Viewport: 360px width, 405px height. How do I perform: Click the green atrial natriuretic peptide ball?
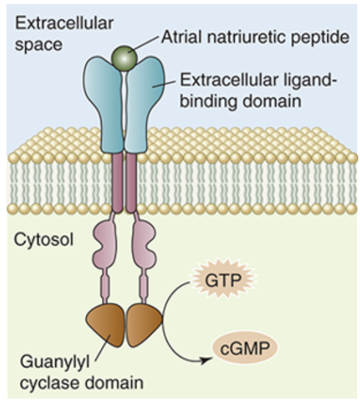[124, 54]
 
